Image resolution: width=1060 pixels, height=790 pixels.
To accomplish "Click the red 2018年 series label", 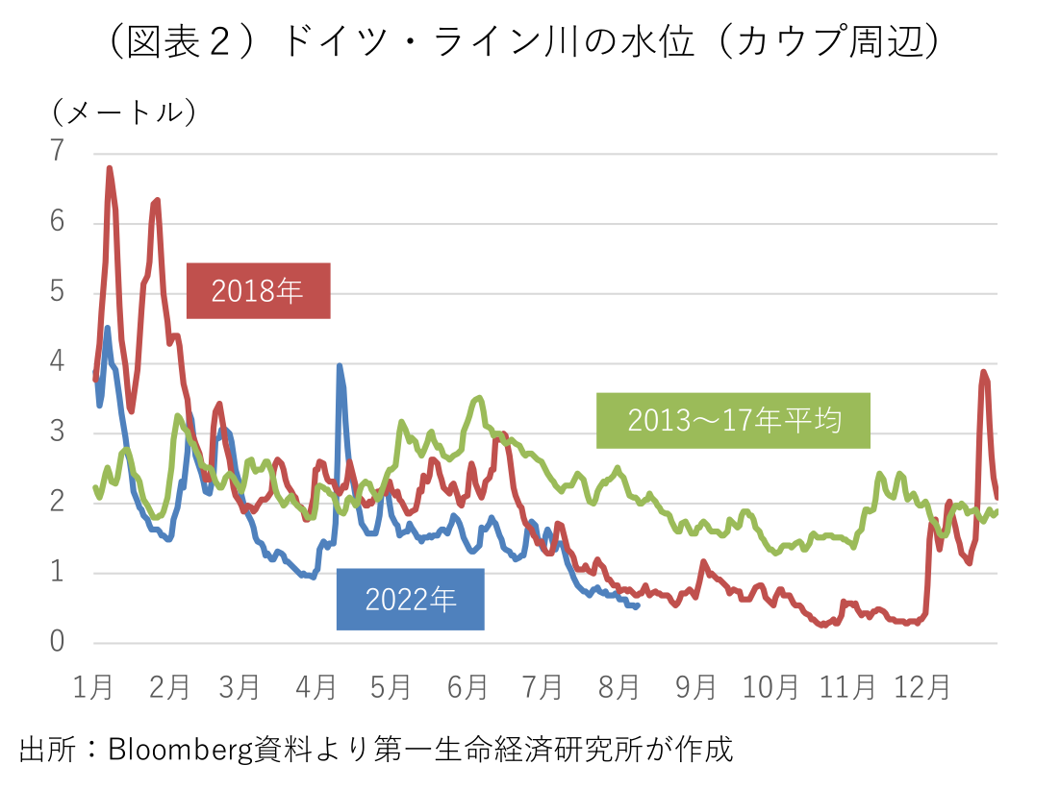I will click(x=258, y=290).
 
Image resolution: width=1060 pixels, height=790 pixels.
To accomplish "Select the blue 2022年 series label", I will click(x=411, y=600).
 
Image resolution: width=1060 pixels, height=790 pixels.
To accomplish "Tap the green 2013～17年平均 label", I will click(x=734, y=420).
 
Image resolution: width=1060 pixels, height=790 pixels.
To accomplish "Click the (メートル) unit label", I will click(x=124, y=112).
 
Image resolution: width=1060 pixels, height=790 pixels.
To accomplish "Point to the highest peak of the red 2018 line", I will click(x=110, y=169).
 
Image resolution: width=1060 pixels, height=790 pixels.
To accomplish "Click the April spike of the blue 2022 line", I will click(x=340, y=366).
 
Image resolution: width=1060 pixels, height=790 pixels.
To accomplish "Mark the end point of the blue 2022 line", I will click(x=638, y=605).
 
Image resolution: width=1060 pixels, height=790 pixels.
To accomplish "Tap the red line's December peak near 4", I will click(x=983, y=372).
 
